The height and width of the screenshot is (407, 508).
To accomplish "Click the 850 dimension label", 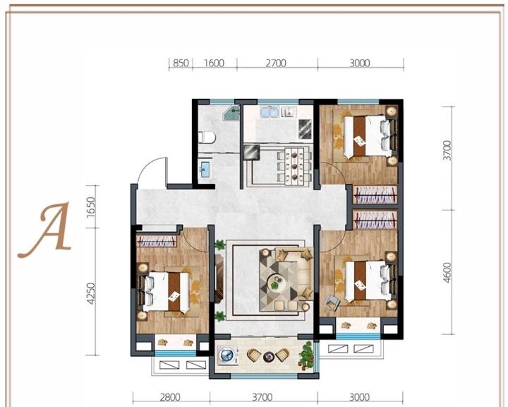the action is pyautogui.click(x=181, y=63).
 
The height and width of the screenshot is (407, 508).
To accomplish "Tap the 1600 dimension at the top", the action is pyautogui.click(x=214, y=63).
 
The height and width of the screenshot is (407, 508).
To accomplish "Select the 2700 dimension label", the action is pyautogui.click(x=276, y=63).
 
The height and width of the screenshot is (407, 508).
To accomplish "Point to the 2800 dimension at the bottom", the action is pyautogui.click(x=170, y=397).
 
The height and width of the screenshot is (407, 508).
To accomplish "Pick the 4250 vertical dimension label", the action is pyautogui.click(x=91, y=293).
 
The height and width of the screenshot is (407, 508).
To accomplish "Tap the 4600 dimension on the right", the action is pyautogui.click(x=447, y=273).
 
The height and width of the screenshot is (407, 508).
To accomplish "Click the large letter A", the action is pyautogui.click(x=45, y=230).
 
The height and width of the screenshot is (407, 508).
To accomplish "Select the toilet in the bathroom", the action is pyautogui.click(x=207, y=138).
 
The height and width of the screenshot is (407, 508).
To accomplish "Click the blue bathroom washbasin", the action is pyautogui.click(x=205, y=170).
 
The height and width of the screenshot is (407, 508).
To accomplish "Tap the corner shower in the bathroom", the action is pyautogui.click(x=232, y=112).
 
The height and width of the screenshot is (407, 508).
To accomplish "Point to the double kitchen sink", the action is pyautogui.click(x=270, y=112).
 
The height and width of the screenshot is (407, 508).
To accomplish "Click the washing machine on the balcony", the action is pyautogui.click(x=227, y=355).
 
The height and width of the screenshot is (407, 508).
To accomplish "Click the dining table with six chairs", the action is pyautogui.click(x=294, y=166).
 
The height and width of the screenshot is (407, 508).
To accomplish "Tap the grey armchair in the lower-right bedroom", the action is pyautogui.click(x=332, y=302).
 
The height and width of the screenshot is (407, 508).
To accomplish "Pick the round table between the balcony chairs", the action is pyautogui.click(x=269, y=357).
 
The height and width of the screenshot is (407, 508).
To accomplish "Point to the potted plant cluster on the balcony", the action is pyautogui.click(x=306, y=355).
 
